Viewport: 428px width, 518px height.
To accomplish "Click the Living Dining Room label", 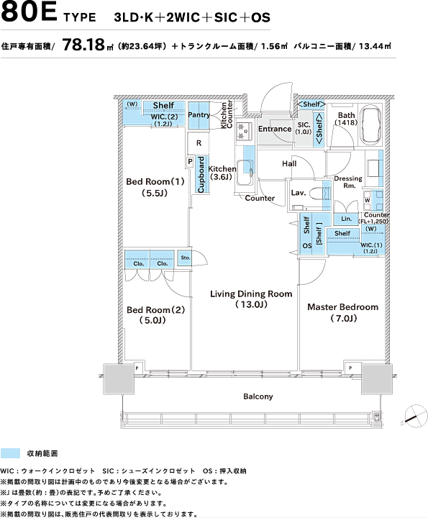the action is pyautogui.click(x=251, y=294).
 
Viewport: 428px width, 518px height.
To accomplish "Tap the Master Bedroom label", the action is pyautogui.click(x=343, y=307).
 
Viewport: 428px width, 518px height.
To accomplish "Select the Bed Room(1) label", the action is pyautogui.click(x=155, y=181).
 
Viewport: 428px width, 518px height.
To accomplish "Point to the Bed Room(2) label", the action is pyautogui.click(x=155, y=310).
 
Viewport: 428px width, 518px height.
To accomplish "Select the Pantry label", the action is pyautogui.click(x=199, y=115).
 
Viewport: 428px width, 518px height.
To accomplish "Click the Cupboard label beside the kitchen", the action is pyautogui.click(x=201, y=174).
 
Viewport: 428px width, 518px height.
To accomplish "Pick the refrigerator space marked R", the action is pyautogui.click(x=199, y=143).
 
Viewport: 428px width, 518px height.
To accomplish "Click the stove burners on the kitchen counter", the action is pyautogui.click(x=244, y=130).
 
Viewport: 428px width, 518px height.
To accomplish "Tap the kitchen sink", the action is pyautogui.click(x=245, y=173).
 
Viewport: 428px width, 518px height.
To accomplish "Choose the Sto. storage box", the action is pyautogui.click(x=186, y=258).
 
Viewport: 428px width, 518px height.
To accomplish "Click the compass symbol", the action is pyautogui.click(x=416, y=416).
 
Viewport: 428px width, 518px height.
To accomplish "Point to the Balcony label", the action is pyautogui.click(x=258, y=396).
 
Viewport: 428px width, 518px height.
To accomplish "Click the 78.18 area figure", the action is pyautogui.click(x=83, y=45).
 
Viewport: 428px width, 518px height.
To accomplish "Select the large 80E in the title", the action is pyautogui.click(x=29, y=12).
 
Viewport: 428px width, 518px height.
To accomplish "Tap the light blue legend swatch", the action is pyautogui.click(x=10, y=453).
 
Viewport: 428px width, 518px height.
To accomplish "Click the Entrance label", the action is pyautogui.click(x=275, y=129).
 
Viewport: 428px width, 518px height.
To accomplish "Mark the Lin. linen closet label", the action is pyautogui.click(x=346, y=219).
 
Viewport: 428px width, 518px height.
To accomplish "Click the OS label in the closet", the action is pyautogui.click(x=307, y=246).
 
